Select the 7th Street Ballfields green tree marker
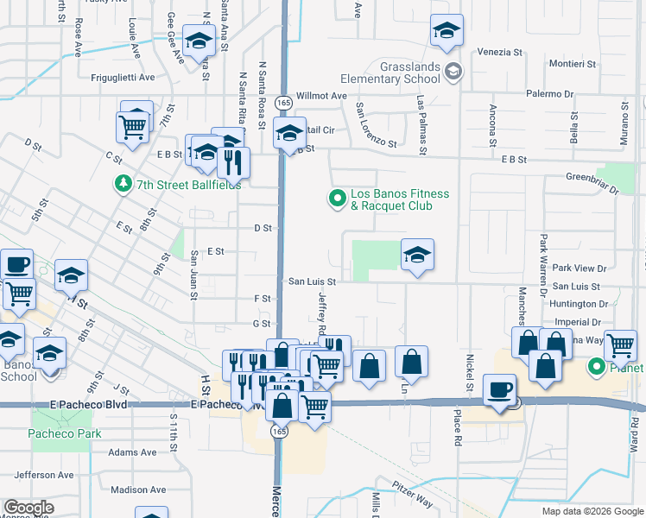[x=123, y=183]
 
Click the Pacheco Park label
[x=66, y=433]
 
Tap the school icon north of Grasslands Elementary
[x=446, y=32]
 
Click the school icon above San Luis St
[x=417, y=256]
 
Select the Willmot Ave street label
[x=321, y=96]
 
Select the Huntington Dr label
[x=579, y=304]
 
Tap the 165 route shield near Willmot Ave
[x=282, y=102]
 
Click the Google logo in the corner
[x=28, y=508]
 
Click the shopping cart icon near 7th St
[x=132, y=128]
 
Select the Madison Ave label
[x=138, y=490]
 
